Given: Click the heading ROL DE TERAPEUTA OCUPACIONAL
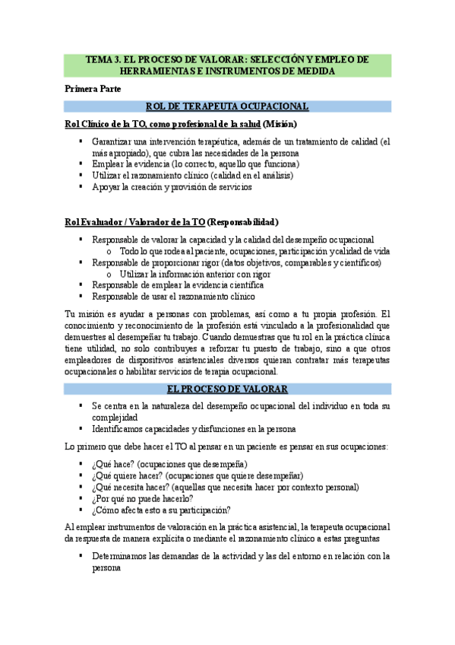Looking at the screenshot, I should [227, 106].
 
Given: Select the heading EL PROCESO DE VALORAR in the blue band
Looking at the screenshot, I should [227, 389].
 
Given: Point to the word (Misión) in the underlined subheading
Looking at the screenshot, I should [280, 124].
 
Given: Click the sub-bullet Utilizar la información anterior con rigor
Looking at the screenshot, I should [196, 274].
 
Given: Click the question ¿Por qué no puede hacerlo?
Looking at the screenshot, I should [142, 498].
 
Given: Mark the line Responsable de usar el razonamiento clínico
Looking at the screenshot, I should [173, 297].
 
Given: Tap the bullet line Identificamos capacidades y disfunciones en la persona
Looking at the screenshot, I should [194, 428].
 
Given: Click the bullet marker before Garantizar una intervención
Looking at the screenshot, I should [81, 141].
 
